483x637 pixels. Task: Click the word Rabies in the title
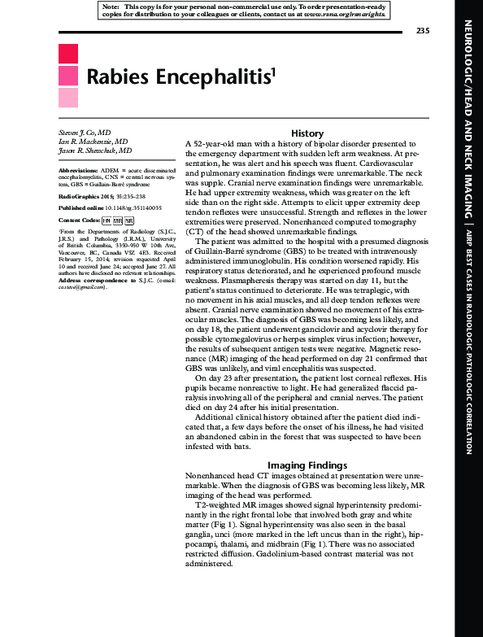pos(115,76)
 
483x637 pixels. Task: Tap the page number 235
pos(422,31)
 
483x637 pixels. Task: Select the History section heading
pos(307,133)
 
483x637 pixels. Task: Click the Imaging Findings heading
pos(307,465)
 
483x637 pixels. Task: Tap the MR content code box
pos(118,220)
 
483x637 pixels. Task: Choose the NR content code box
pos(129,220)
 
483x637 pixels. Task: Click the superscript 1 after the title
pos(273,70)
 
